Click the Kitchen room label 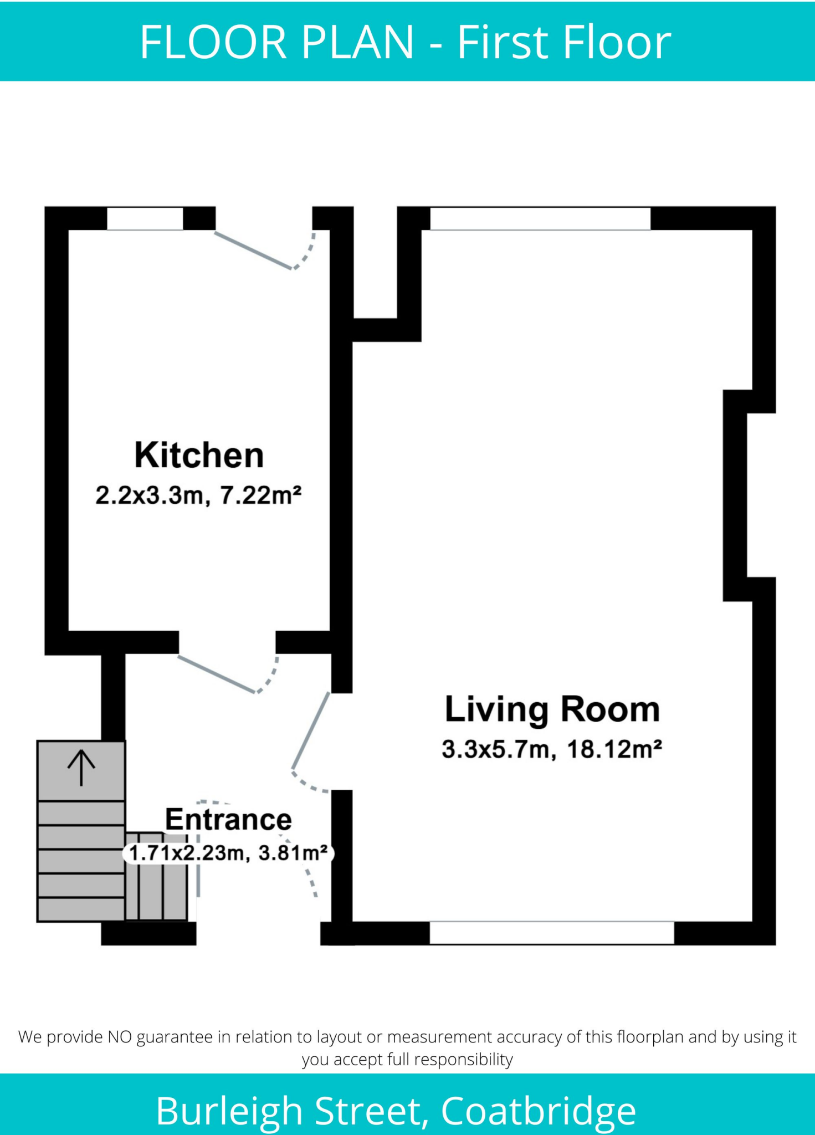pyautogui.click(x=199, y=456)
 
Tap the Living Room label pyautogui.click(x=552, y=710)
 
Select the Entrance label pyautogui.click(x=228, y=820)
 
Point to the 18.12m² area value pyautogui.click(x=615, y=749)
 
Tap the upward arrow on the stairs pyautogui.click(x=81, y=768)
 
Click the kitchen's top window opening pyautogui.click(x=145, y=218)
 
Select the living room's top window pyautogui.click(x=540, y=218)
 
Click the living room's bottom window pyautogui.click(x=552, y=933)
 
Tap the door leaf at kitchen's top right pyautogui.click(x=253, y=250)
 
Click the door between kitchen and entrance pyautogui.click(x=216, y=674)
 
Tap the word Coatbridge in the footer pyautogui.click(x=538, y=1111)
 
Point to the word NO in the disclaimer pyautogui.click(x=120, y=1037)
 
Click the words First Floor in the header pyautogui.click(x=563, y=42)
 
